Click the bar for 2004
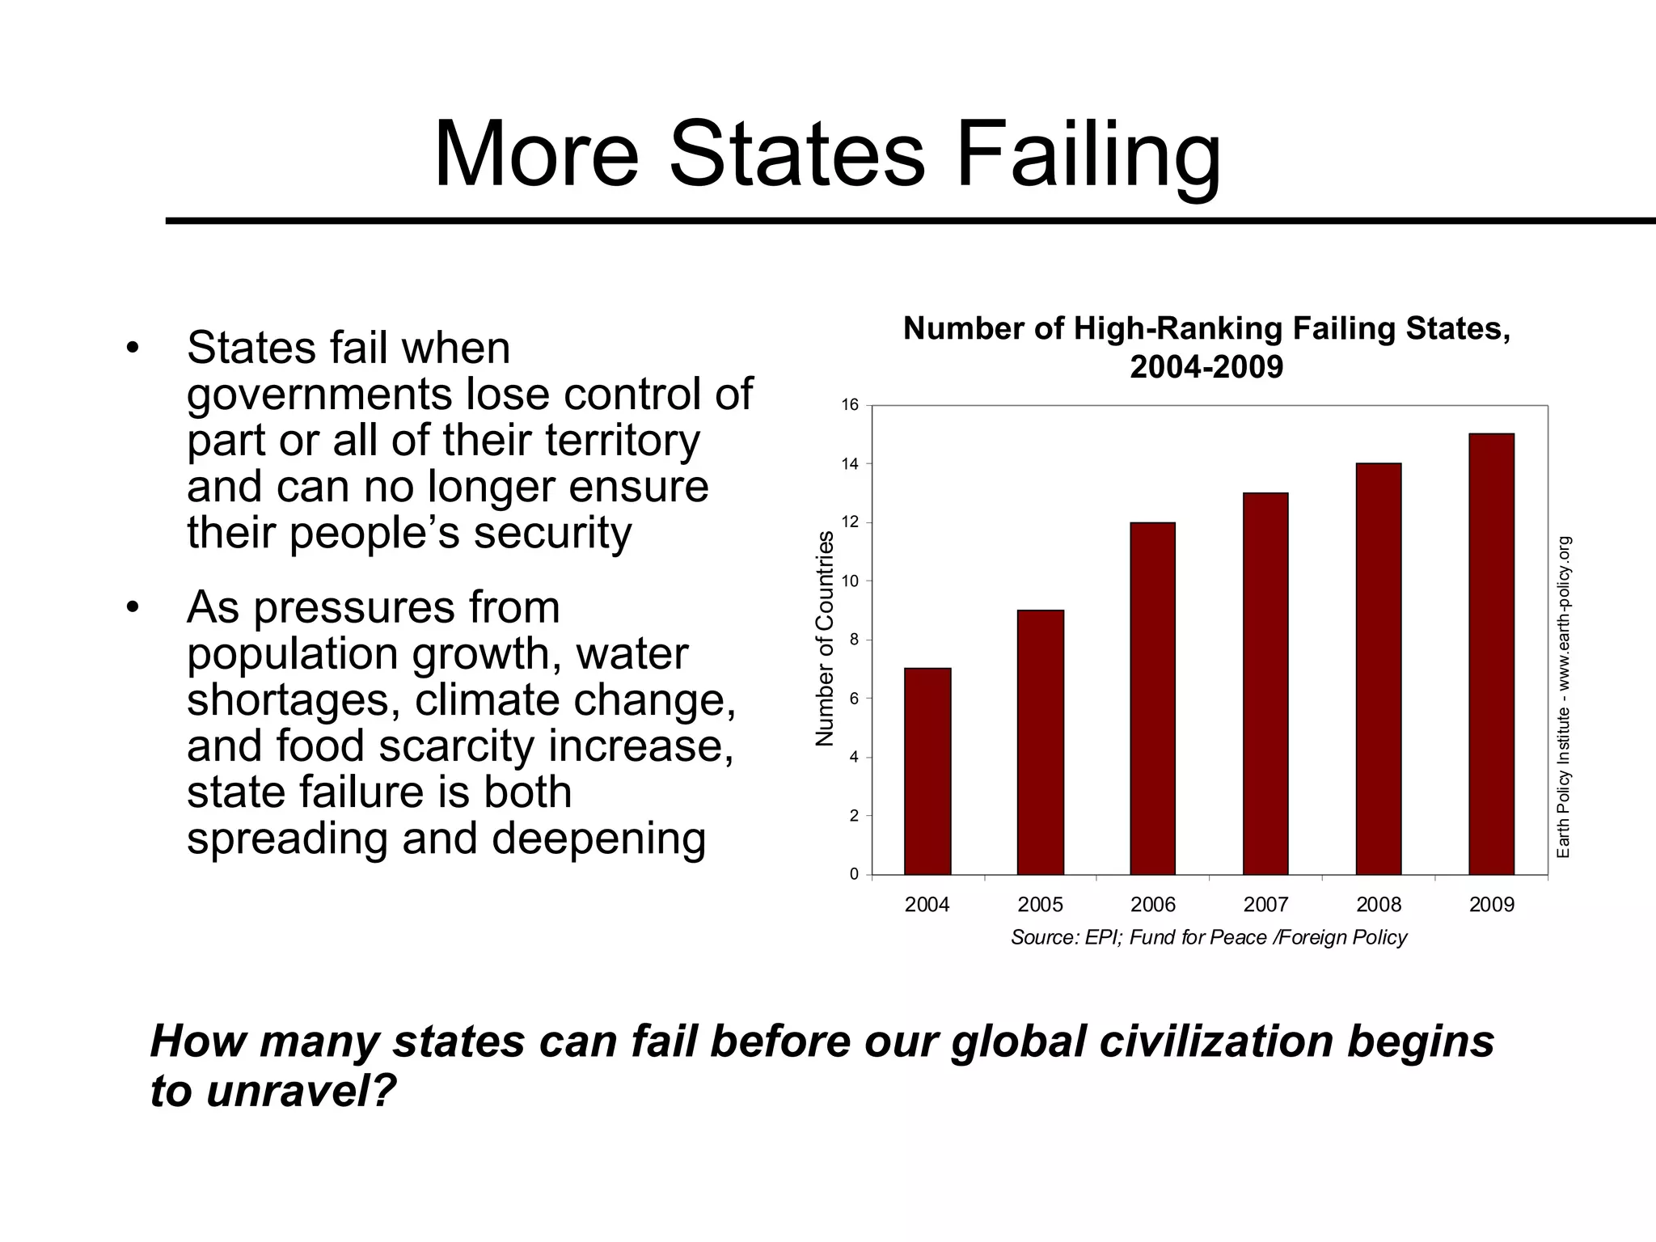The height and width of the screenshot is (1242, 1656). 927,771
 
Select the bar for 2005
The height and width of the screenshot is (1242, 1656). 1041,742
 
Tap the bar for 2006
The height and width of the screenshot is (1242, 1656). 1153,699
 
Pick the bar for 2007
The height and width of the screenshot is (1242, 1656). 1265,684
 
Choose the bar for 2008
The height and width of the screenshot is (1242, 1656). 1379,670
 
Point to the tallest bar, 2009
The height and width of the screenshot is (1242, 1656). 1491,654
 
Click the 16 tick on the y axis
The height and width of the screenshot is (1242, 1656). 850,405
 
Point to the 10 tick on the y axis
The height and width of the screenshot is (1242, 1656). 850,581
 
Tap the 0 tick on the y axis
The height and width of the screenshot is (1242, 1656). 854,875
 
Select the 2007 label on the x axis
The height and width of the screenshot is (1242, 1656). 1265,905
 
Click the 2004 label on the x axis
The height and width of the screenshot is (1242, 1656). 927,905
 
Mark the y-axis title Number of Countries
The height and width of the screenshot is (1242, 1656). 824,639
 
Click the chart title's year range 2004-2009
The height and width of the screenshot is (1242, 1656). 1206,367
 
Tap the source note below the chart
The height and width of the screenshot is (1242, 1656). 1209,937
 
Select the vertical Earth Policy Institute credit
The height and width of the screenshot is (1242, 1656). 1564,697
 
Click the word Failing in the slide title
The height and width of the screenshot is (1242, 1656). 1088,154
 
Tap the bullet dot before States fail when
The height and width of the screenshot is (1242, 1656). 133,349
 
